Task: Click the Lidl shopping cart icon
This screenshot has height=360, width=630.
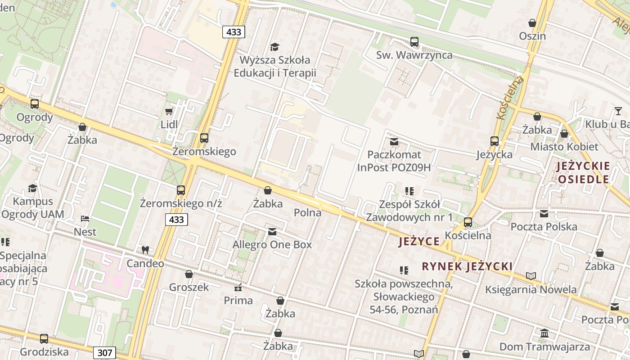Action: click(169, 111)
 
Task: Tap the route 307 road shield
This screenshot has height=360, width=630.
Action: click(104, 352)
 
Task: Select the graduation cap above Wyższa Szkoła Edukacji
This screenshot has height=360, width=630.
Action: click(274, 47)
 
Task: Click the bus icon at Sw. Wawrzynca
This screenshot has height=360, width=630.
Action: click(414, 42)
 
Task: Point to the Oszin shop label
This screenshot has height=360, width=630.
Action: click(532, 36)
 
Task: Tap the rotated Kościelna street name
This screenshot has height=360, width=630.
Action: click(510, 98)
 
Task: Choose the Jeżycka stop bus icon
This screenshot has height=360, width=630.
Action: click(495, 141)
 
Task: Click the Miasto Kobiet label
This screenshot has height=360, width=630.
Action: click(564, 147)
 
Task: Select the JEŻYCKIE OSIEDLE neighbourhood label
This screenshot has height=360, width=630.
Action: click(583, 173)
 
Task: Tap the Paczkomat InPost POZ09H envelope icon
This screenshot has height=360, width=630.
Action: click(394, 142)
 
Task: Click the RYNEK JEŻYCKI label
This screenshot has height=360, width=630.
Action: click(467, 266)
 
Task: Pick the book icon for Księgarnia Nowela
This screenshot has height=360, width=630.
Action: click(531, 276)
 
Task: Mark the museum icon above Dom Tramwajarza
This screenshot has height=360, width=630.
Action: click(544, 333)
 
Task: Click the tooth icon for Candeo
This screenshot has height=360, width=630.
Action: click(145, 250)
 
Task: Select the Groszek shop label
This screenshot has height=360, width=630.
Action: click(189, 287)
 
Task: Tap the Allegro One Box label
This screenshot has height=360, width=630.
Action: click(272, 245)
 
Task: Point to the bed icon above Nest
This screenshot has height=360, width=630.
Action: click(85, 219)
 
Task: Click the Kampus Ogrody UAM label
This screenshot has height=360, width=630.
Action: click(32, 207)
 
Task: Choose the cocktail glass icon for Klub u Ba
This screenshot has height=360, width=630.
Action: click(618, 111)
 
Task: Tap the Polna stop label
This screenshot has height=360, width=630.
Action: click(307, 212)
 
